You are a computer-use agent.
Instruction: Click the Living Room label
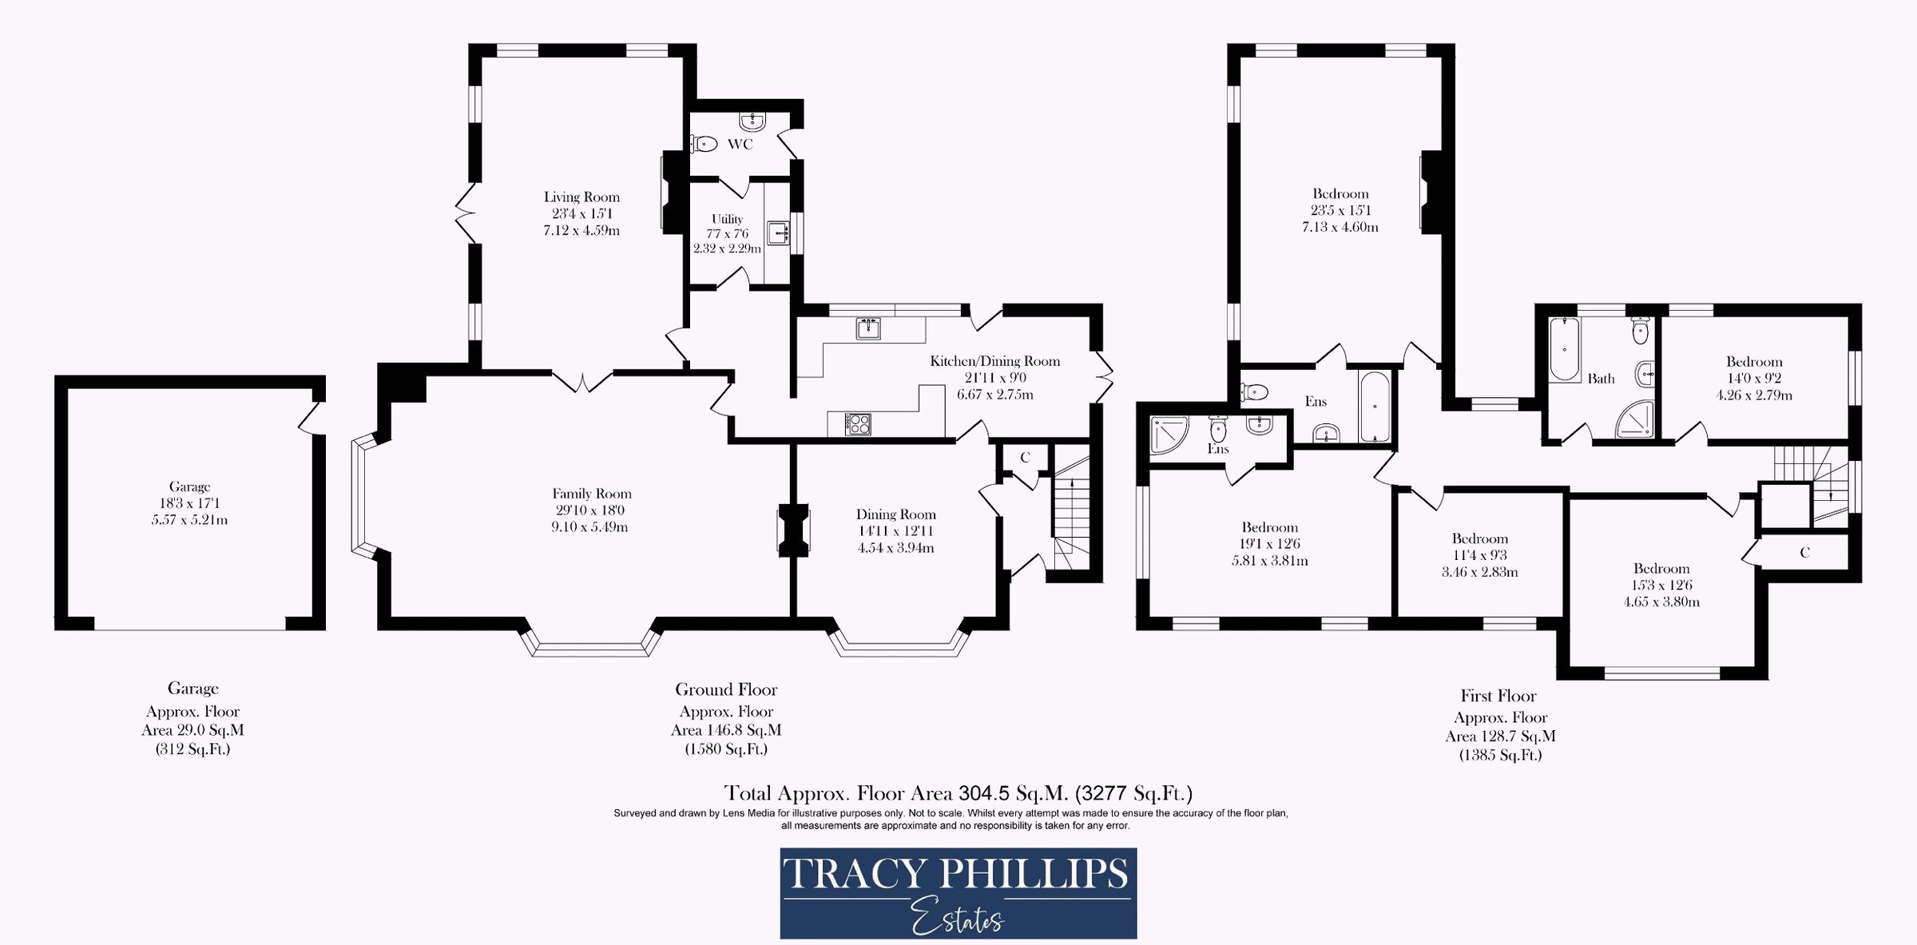tap(581, 197)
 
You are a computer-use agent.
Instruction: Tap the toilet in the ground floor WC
tap(704, 145)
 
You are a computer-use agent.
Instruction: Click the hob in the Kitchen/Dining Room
tap(859, 423)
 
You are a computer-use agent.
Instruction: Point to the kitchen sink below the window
tap(868, 328)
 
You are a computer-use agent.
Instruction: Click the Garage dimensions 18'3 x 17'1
tap(189, 503)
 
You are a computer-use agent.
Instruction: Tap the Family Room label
tap(591, 494)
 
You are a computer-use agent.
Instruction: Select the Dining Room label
tap(895, 514)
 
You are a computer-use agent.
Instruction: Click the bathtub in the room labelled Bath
tap(1565, 349)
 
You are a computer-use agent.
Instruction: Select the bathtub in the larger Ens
tap(1375, 407)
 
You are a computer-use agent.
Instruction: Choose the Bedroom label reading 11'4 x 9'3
tap(1479, 538)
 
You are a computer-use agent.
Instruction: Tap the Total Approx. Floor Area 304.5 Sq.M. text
tap(958, 793)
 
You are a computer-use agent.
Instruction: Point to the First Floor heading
tap(1498, 696)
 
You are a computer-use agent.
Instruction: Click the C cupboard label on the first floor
tap(1804, 552)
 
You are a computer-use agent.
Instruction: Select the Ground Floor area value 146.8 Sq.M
tap(726, 730)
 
